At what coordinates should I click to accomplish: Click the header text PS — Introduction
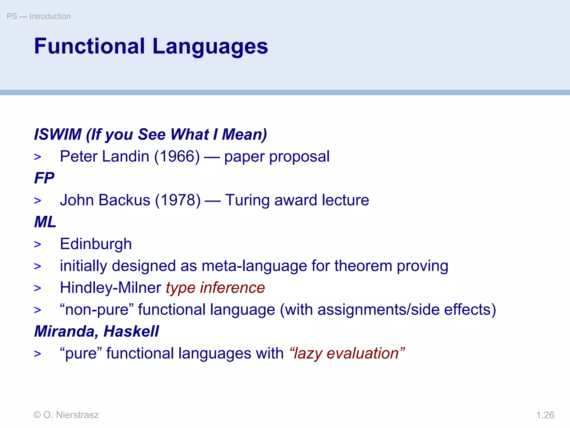coord(38,16)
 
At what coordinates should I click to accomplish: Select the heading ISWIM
coord(58,134)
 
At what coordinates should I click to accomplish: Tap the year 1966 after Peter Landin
coord(177,157)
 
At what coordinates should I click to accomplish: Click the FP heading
coord(44,178)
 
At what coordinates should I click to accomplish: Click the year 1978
coord(178,200)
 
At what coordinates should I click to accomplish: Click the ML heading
coord(45,222)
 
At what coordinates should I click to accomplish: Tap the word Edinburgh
coord(96,244)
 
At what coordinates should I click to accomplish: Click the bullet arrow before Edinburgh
coord(38,245)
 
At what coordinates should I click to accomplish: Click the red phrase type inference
coord(215,288)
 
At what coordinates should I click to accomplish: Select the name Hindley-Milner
coord(110,288)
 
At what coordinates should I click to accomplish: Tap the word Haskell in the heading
coord(131,332)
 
